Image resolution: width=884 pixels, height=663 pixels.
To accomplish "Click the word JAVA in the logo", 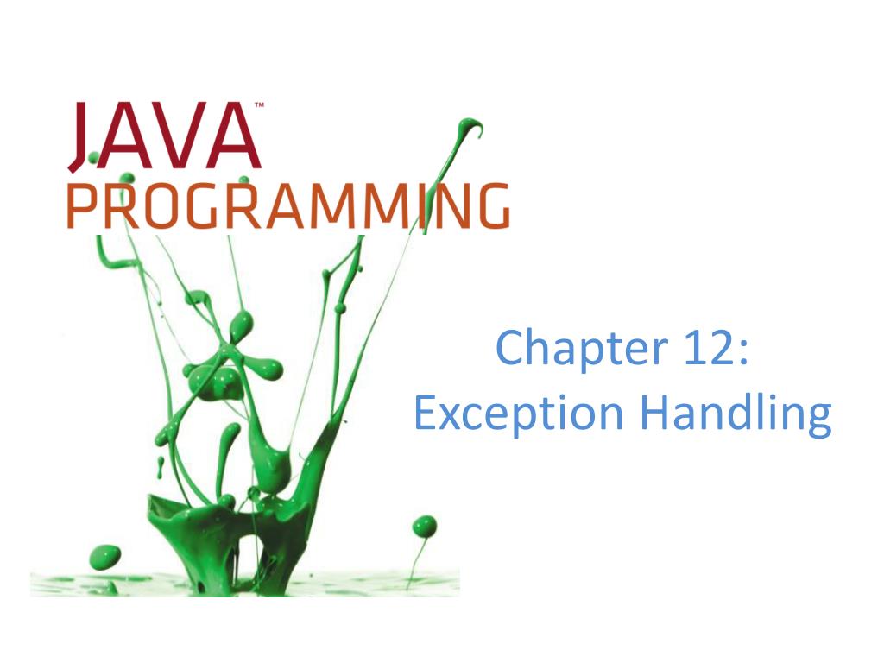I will click(x=164, y=136).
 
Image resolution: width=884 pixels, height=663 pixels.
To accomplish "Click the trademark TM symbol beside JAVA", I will click(x=258, y=106).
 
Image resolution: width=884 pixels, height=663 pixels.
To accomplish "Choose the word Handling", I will click(x=736, y=415).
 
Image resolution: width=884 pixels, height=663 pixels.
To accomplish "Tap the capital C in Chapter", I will click(x=512, y=348).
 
